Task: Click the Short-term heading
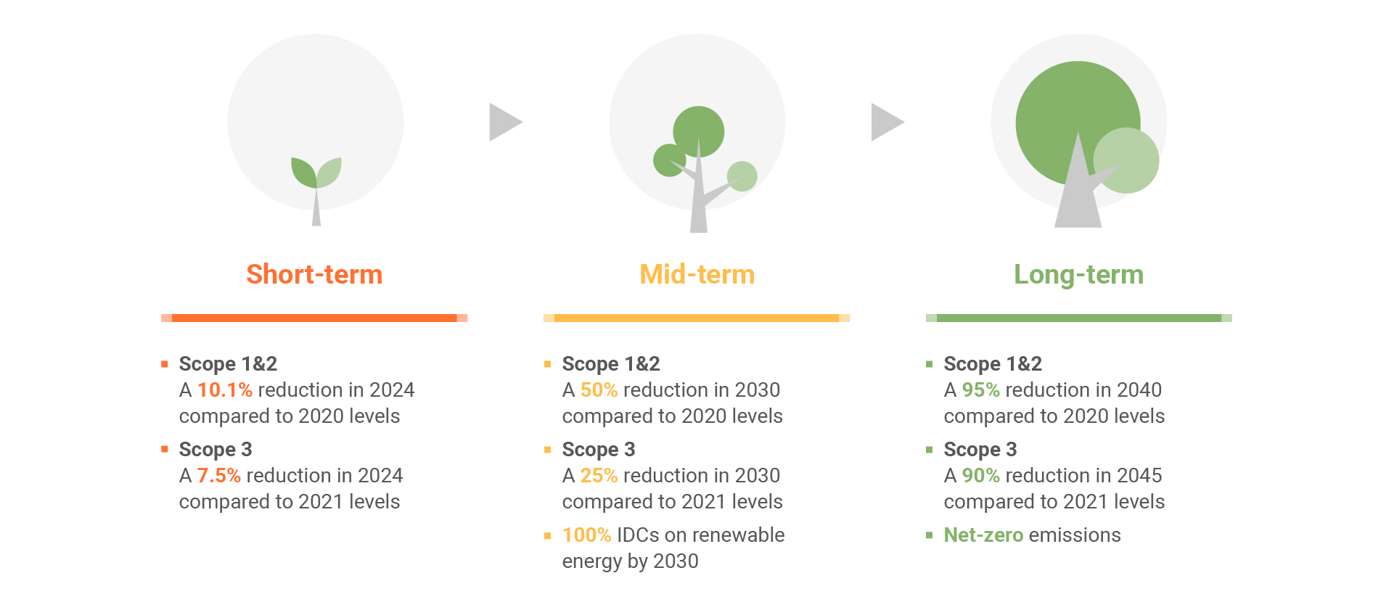(x=314, y=274)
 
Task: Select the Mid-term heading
(x=697, y=274)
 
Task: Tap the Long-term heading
(x=1078, y=275)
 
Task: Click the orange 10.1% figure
(x=225, y=390)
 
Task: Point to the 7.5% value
(x=218, y=476)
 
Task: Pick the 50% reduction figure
(x=599, y=390)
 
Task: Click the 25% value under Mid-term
(x=599, y=476)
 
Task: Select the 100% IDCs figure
(x=586, y=535)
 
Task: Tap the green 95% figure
(x=980, y=390)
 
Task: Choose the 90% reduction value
(x=980, y=476)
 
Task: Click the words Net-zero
(x=983, y=535)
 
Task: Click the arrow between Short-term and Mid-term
(x=506, y=122)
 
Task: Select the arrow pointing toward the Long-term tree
(x=887, y=122)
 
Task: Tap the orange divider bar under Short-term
(x=314, y=318)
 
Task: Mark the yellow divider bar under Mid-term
(x=697, y=318)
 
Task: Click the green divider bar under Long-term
(x=1079, y=318)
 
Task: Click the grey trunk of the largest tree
(x=1078, y=196)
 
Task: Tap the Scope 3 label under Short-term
(x=216, y=450)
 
